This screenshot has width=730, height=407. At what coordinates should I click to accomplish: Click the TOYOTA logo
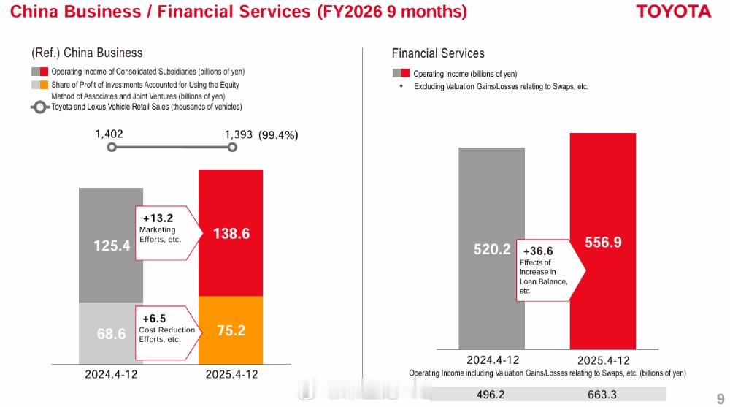click(x=673, y=12)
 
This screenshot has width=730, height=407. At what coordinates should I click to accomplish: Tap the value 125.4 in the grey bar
click(x=112, y=246)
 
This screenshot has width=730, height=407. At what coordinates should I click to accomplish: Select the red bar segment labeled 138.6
click(x=231, y=233)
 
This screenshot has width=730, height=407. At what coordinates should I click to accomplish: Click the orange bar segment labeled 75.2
click(x=231, y=330)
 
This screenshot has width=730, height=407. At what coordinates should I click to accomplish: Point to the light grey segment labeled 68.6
click(x=112, y=333)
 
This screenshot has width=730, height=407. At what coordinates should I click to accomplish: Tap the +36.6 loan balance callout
click(x=547, y=270)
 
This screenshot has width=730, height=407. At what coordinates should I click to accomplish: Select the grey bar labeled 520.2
click(x=491, y=249)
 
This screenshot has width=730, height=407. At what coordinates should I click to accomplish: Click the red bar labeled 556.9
click(x=603, y=242)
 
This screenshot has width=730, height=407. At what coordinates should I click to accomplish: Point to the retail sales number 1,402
click(x=109, y=134)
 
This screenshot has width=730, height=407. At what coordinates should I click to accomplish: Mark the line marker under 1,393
click(x=232, y=147)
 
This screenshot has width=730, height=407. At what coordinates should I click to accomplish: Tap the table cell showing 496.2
click(x=491, y=395)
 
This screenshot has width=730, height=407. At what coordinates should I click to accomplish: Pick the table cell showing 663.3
click(x=603, y=395)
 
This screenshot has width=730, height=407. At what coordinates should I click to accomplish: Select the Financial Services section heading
click(x=438, y=53)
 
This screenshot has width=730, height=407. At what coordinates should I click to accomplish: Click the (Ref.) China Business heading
click(x=87, y=53)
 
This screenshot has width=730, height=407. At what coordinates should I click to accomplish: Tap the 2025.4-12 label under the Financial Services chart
click(x=603, y=360)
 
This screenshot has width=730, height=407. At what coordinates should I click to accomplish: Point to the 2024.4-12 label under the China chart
click(x=112, y=374)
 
